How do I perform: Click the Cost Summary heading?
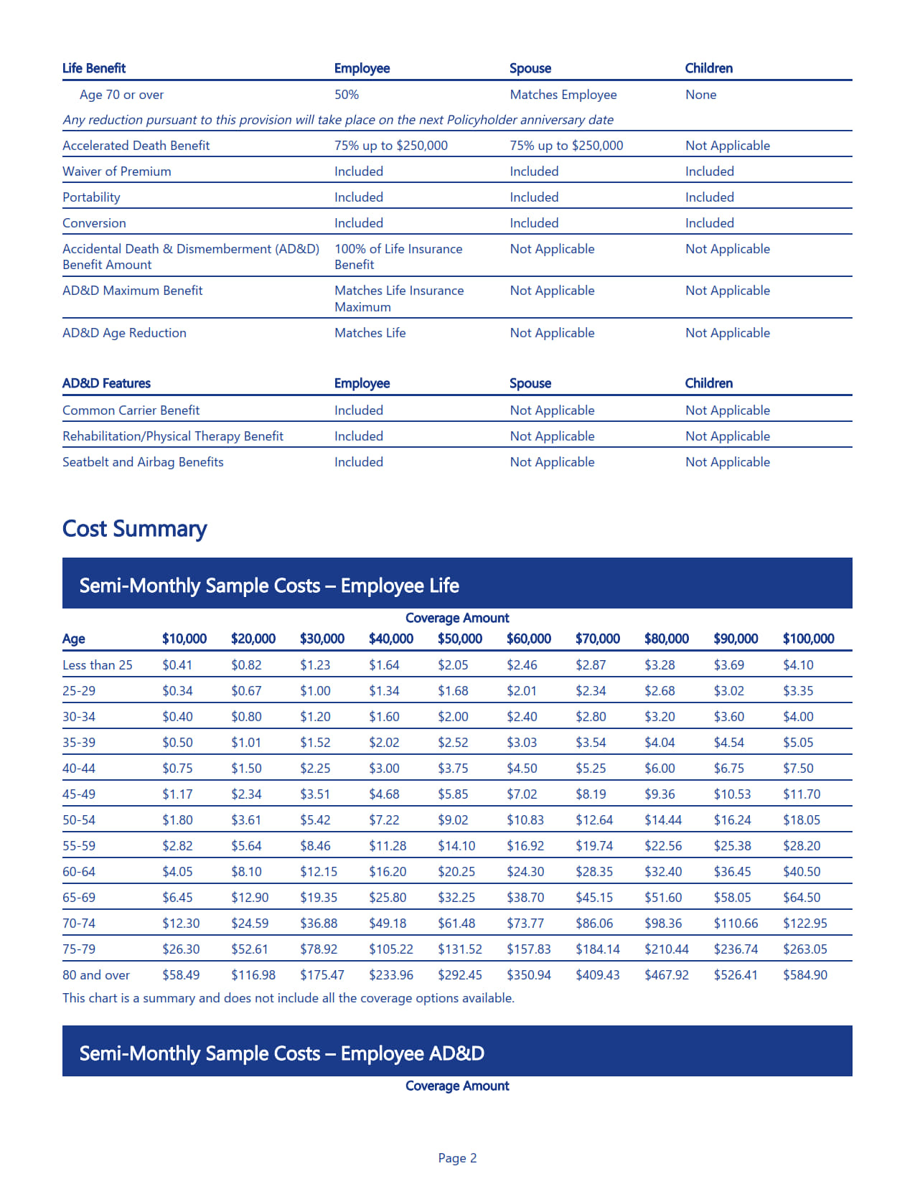click(134, 529)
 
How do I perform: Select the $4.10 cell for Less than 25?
click(797, 665)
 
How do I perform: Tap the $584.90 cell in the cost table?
click(804, 975)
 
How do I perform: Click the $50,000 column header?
click(459, 639)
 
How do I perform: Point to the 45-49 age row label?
click(79, 794)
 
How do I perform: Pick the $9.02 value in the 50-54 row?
click(453, 820)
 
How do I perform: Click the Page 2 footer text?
click(457, 1158)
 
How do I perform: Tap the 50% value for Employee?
click(347, 95)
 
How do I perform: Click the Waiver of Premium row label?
click(117, 172)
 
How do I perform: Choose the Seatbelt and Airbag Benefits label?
click(143, 462)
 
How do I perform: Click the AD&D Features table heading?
click(106, 383)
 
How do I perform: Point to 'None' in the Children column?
click(700, 95)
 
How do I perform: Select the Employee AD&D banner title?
click(281, 1053)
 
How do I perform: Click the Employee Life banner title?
click(269, 586)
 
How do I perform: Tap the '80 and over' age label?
click(96, 975)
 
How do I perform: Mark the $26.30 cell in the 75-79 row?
click(181, 949)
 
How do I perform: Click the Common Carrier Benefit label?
click(131, 410)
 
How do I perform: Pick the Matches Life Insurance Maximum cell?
click(398, 299)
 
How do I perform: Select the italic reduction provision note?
click(337, 120)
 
